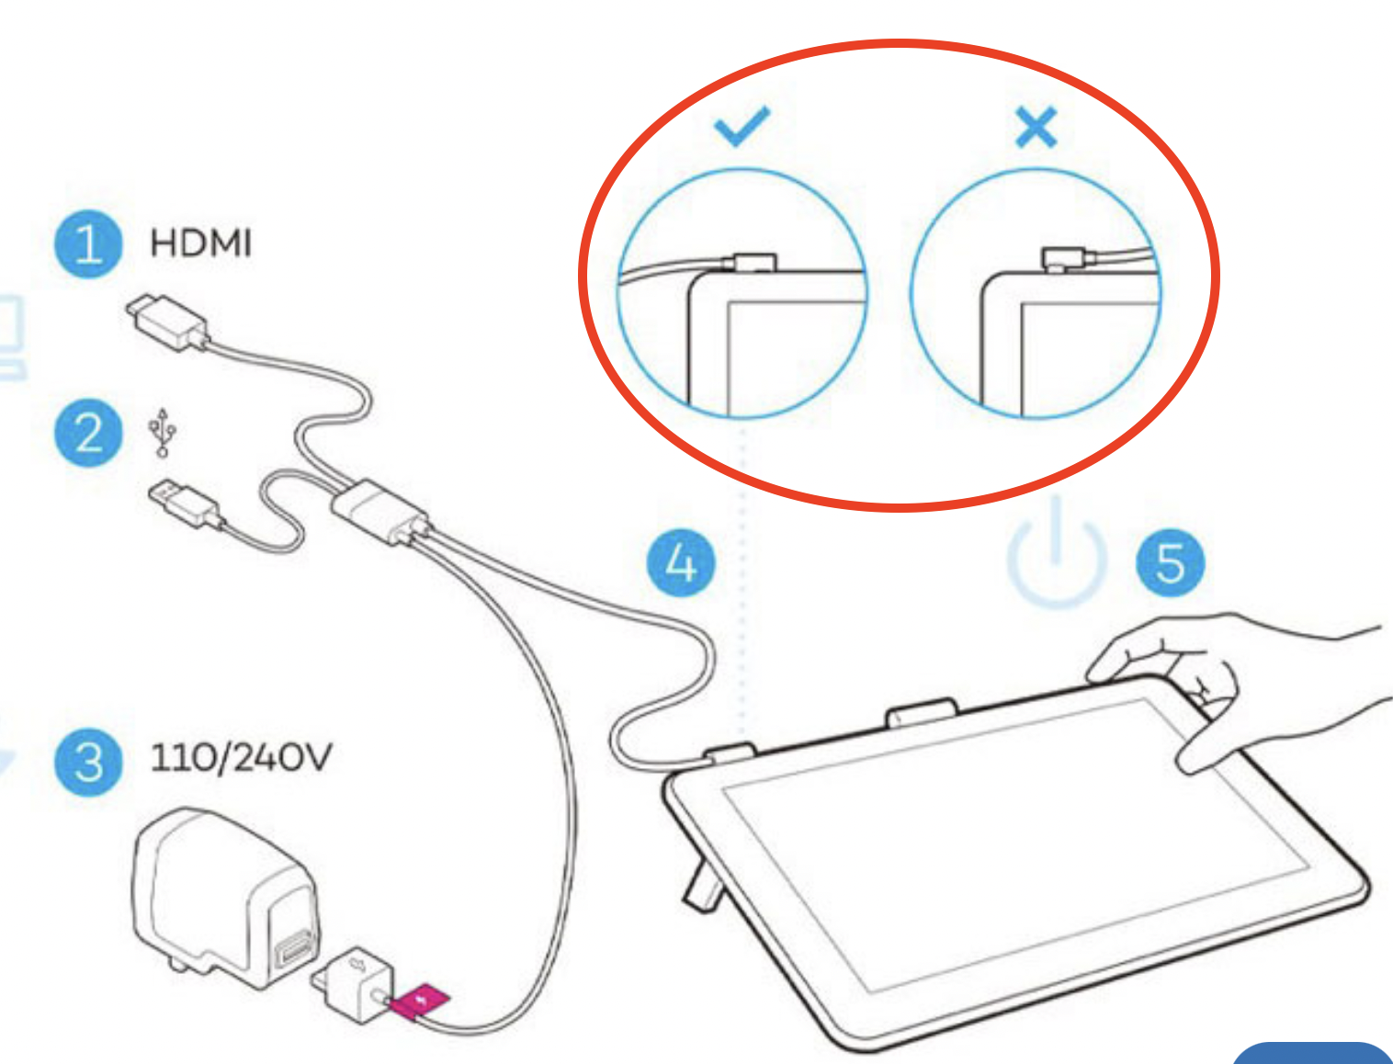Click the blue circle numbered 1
88,243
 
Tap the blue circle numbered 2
88,433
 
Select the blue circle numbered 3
88,762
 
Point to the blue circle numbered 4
681,562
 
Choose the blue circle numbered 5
1171,562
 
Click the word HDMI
200,243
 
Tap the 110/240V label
241,757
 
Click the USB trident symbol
163,432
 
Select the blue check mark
742,126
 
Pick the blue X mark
1036,127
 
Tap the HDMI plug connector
167,322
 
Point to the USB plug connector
186,504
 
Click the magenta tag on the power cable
420,1002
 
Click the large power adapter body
225,897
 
